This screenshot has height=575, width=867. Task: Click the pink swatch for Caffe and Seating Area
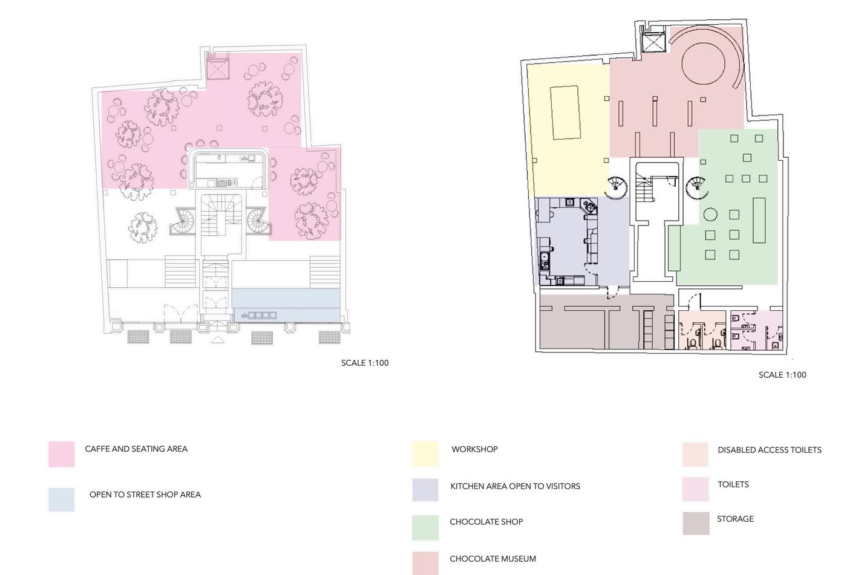[x=62, y=454]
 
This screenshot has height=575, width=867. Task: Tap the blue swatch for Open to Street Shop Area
[x=62, y=499]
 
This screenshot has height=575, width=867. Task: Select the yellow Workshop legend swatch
[x=425, y=454]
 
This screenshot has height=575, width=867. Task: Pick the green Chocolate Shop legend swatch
[x=425, y=527]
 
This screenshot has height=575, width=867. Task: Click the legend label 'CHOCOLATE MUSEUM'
[x=492, y=559]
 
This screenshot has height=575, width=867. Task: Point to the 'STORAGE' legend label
[x=735, y=519]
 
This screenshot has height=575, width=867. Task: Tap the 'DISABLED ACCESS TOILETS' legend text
[x=769, y=450]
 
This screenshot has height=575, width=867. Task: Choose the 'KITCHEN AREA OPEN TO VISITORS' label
[x=515, y=486]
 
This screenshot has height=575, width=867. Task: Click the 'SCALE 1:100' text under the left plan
[x=365, y=363]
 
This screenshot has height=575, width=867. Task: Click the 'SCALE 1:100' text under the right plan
[x=782, y=375]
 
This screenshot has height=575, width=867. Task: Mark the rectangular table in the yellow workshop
[x=565, y=113]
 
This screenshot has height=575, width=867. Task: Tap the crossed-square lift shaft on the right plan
[x=653, y=43]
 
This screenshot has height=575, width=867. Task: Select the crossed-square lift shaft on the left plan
[x=217, y=68]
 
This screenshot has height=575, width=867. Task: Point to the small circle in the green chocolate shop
[x=710, y=214]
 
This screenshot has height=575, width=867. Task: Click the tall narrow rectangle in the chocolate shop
[x=759, y=220]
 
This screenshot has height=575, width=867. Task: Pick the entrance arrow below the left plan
[x=218, y=340]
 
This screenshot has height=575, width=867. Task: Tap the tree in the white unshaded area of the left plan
[x=143, y=227]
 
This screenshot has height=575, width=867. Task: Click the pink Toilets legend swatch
[x=695, y=489]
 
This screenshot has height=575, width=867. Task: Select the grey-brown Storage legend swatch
[x=696, y=524]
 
